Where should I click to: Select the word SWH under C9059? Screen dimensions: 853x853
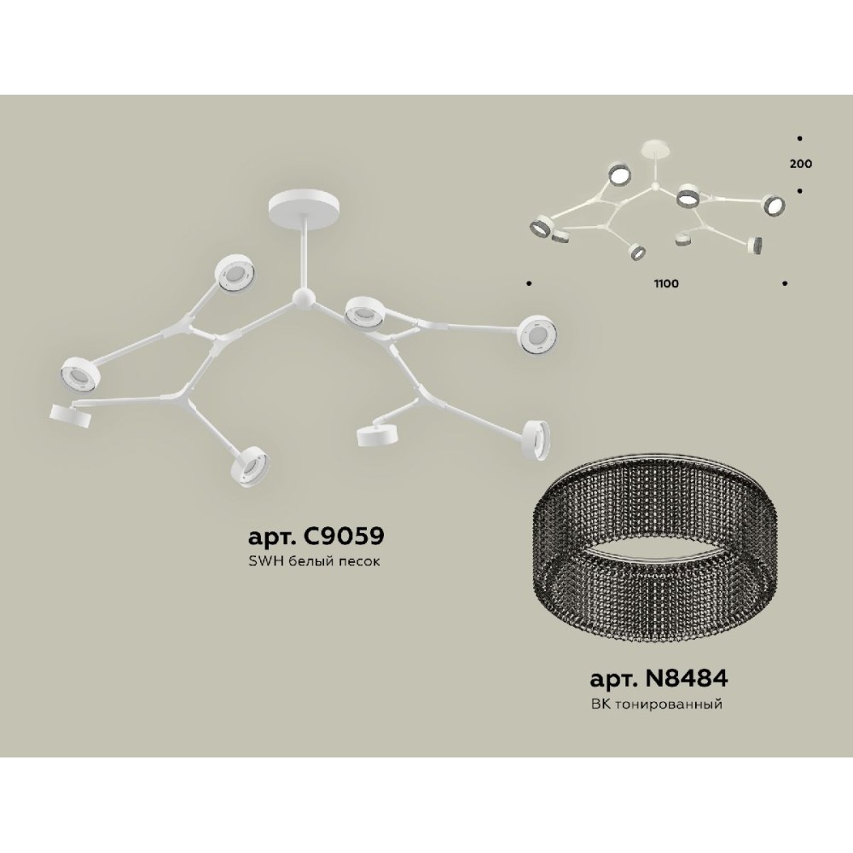(x=262, y=563)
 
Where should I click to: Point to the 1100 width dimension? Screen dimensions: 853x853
(x=668, y=284)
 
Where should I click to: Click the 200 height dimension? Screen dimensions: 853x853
(x=801, y=164)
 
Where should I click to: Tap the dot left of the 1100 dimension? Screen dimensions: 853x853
(x=529, y=281)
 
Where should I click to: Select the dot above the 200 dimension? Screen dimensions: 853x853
(x=800, y=137)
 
